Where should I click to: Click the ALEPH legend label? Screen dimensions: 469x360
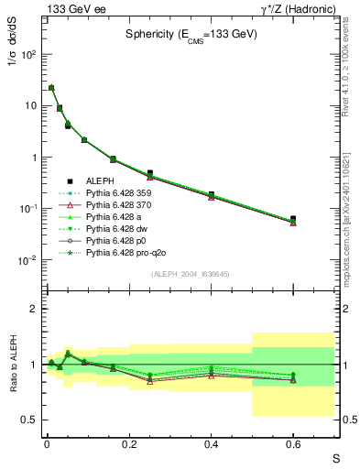[101, 180]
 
